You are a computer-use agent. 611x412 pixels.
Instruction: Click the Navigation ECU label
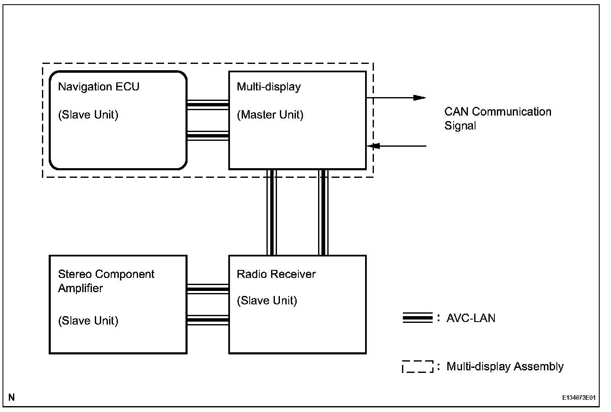[99, 87]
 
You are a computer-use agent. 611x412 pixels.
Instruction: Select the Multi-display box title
[269, 87]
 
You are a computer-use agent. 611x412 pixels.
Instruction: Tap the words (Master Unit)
[270, 115]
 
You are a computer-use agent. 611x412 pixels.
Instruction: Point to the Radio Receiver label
[276, 274]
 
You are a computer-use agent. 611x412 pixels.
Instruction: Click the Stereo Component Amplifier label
[106, 281]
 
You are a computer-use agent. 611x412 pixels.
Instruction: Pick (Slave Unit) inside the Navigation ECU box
[88, 115]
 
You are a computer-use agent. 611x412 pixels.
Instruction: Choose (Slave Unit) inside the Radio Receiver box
[267, 301]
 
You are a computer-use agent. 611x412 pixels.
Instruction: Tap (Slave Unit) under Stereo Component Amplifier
[88, 321]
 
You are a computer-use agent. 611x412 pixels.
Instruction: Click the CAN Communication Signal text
[498, 119]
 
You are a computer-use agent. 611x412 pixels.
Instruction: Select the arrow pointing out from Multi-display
[396, 98]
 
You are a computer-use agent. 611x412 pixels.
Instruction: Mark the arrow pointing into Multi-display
[396, 146]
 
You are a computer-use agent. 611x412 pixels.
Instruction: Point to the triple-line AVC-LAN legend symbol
[417, 318]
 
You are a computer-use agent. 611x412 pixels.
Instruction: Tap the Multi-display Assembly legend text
[505, 367]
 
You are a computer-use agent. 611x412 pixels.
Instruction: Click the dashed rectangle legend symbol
[417, 367]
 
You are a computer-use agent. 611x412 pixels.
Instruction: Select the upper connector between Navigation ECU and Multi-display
[208, 104]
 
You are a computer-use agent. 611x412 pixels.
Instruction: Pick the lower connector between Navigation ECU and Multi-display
[208, 135]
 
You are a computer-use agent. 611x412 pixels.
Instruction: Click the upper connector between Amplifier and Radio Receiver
[208, 289]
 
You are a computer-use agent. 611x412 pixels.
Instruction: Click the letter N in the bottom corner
[11, 397]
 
